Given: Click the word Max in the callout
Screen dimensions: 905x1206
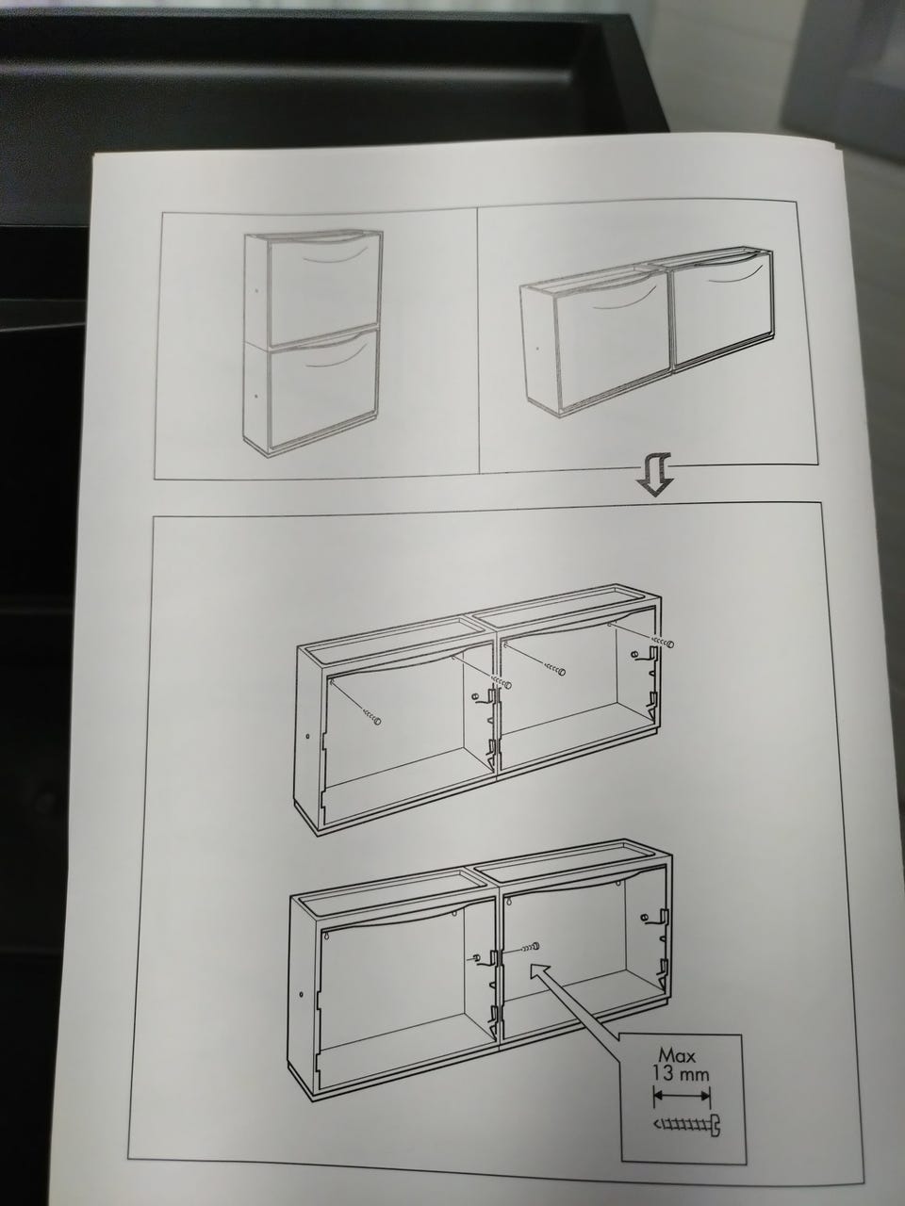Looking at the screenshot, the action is pos(677,1056).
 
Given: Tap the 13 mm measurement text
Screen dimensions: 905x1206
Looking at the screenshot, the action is pos(682,1074).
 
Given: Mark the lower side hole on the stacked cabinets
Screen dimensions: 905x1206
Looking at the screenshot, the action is pos(256,395).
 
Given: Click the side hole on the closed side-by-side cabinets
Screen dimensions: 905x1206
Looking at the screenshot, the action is pos(536,349).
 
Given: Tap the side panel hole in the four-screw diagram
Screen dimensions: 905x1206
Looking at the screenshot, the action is pos(307,736).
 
